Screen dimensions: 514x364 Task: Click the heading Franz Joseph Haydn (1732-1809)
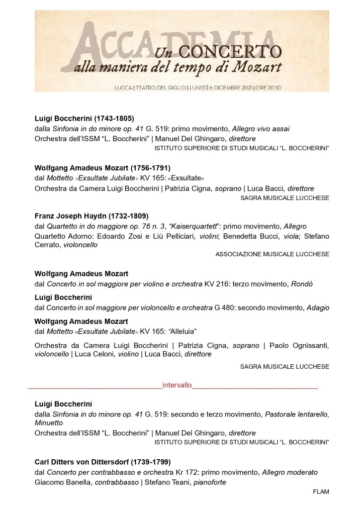92,216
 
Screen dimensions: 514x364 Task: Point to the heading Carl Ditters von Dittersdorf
103,461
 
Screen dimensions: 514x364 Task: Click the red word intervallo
177,385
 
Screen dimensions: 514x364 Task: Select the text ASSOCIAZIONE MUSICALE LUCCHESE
272,254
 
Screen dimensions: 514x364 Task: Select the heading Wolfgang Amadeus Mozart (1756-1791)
103,167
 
